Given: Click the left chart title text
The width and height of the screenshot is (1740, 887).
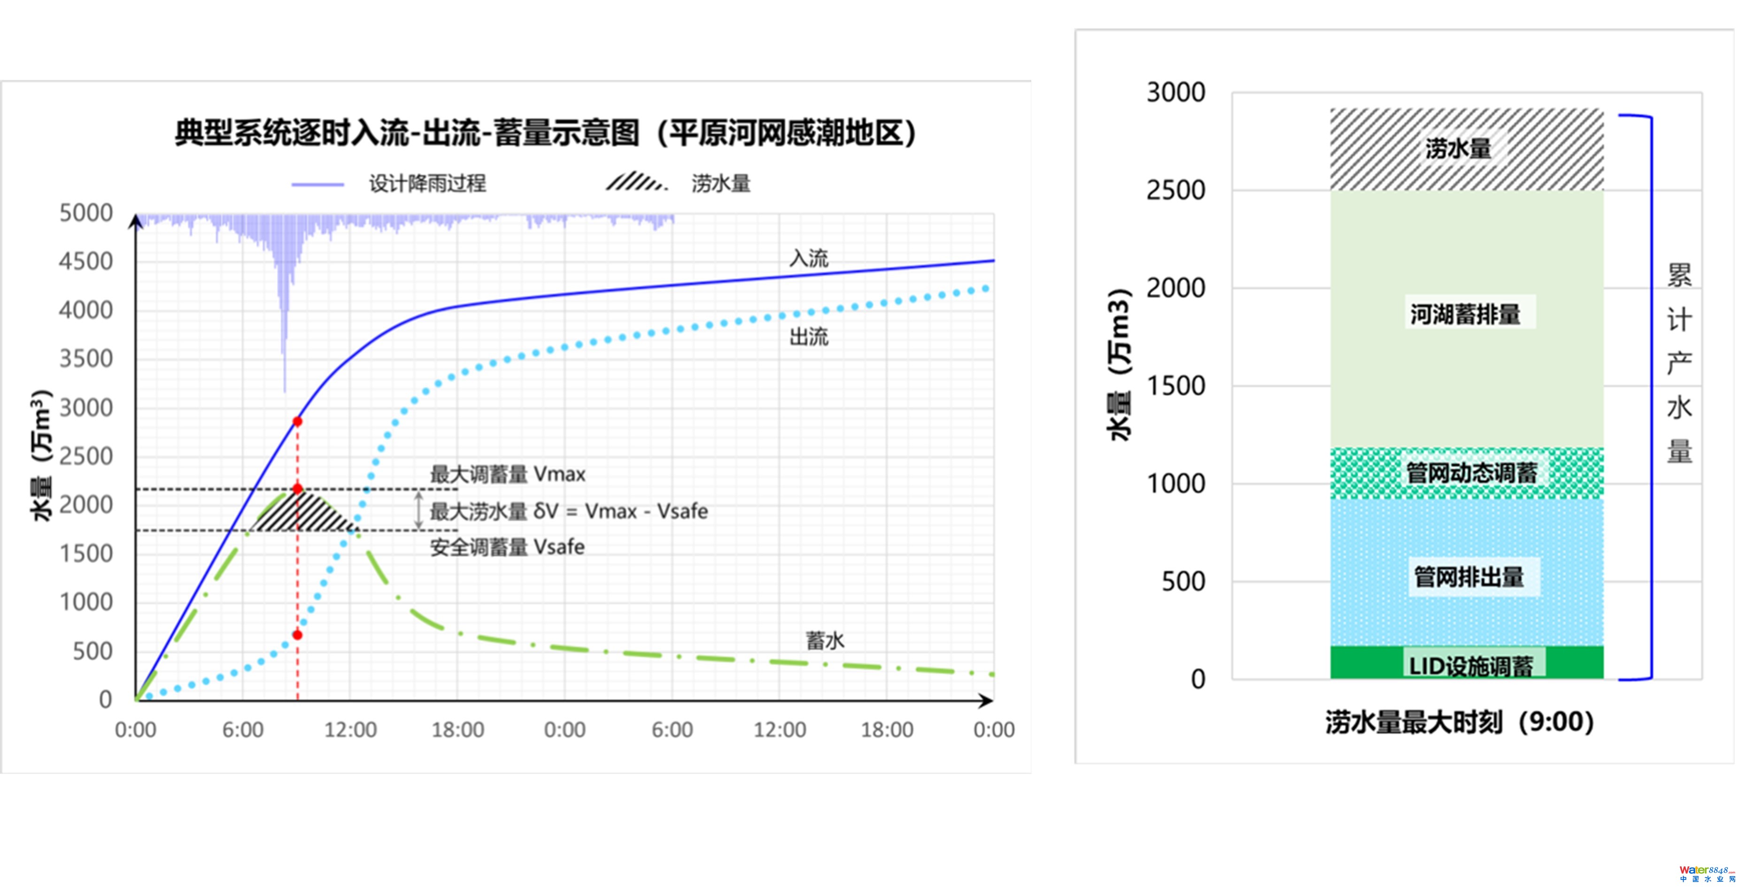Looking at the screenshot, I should [544, 132].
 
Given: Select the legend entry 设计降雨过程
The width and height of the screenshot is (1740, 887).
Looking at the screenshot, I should [427, 183].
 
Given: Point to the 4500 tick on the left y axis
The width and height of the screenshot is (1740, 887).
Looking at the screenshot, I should [86, 262].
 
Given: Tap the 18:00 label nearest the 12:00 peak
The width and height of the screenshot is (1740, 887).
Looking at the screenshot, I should [458, 730].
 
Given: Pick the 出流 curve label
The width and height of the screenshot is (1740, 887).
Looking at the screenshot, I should [809, 336].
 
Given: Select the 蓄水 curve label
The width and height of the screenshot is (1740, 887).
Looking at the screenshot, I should [825, 640].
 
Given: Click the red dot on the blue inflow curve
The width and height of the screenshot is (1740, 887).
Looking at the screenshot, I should [297, 422].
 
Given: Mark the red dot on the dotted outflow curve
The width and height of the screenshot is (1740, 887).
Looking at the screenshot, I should [297, 635].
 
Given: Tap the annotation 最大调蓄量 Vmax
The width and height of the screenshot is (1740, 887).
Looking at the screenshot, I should [507, 474].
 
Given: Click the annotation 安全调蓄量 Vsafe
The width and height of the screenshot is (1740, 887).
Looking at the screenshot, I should [507, 547].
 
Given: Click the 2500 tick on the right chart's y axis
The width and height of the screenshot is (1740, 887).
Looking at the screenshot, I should [1175, 191].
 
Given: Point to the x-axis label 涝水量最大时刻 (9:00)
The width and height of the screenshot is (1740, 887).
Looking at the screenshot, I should [1459, 722].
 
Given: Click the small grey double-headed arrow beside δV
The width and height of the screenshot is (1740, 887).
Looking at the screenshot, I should [419, 510].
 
